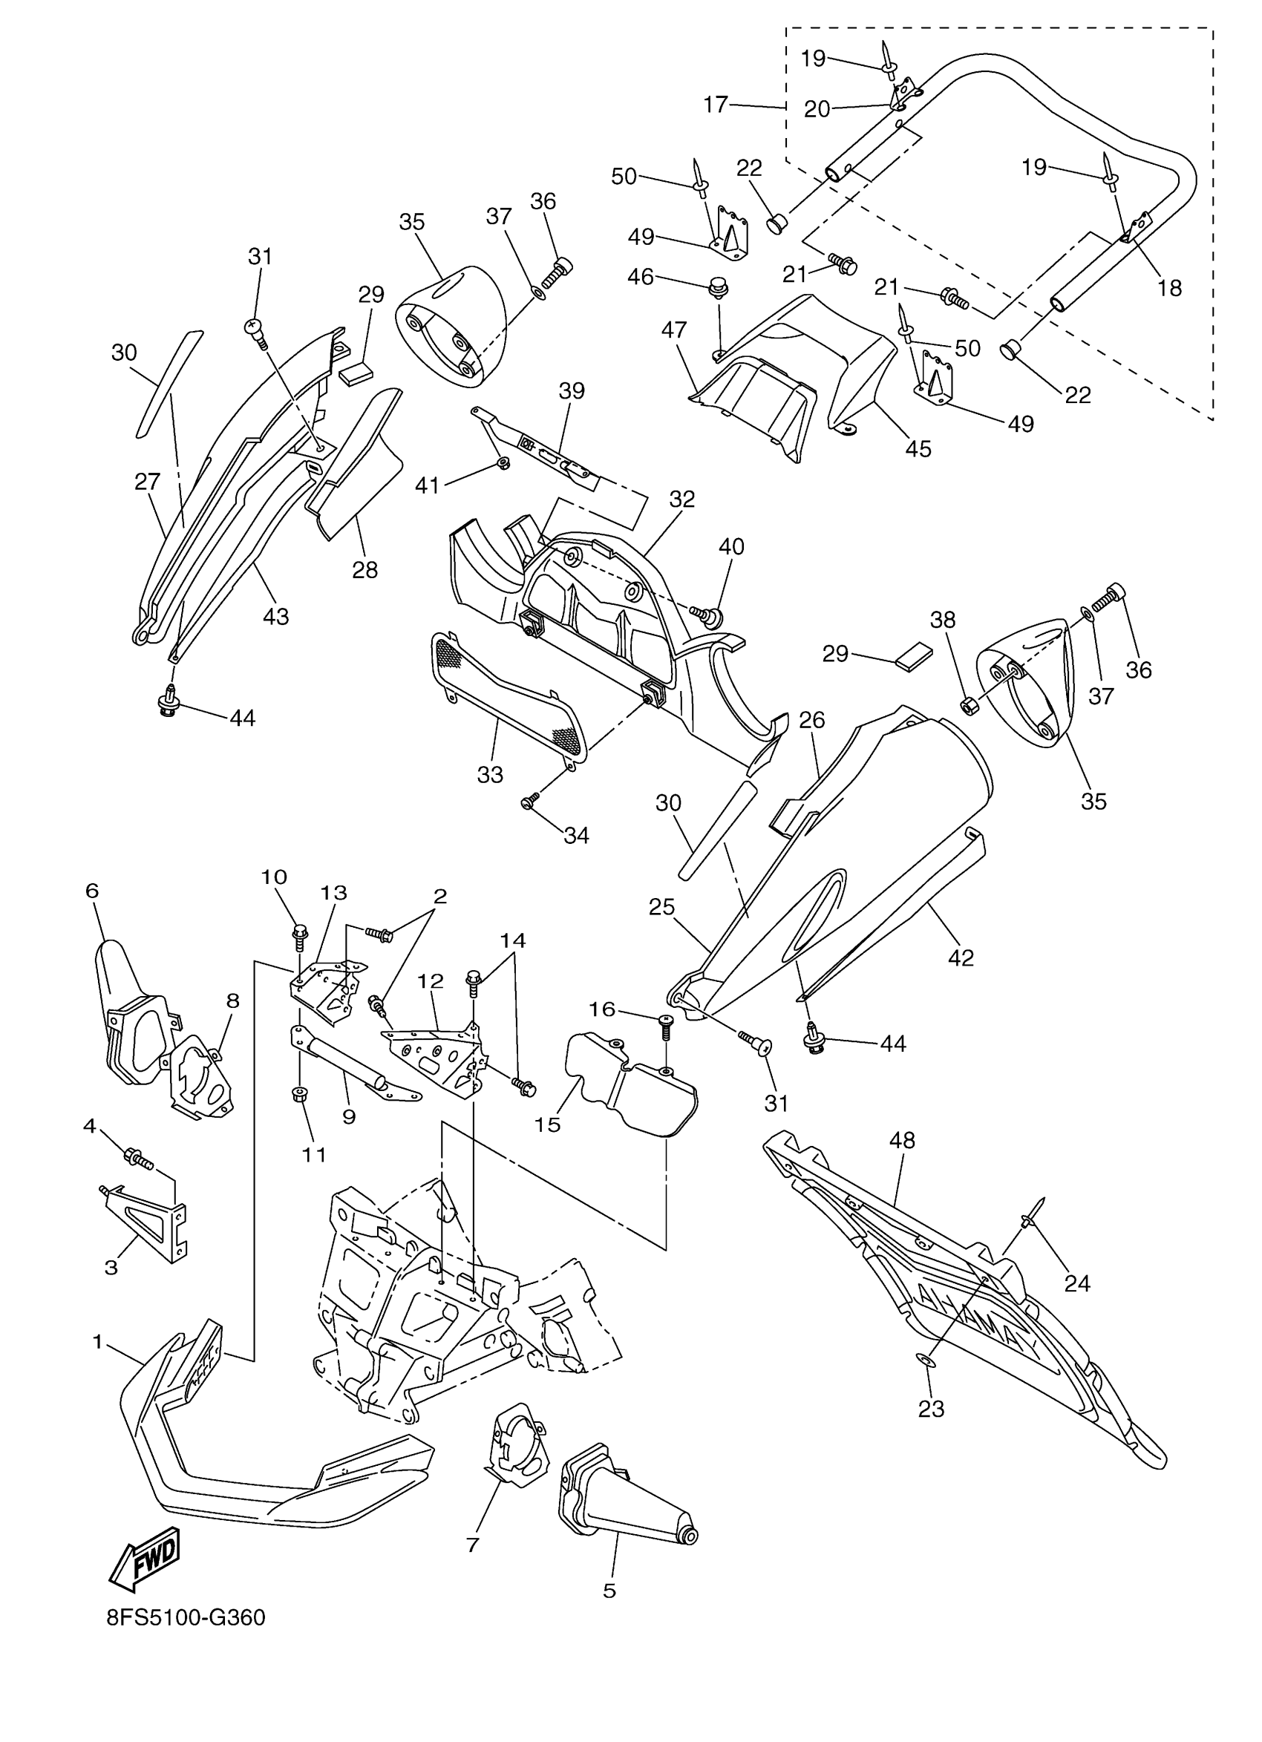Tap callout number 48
902,1141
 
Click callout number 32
681,500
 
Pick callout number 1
97,1342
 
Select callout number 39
571,391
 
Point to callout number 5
609,1591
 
